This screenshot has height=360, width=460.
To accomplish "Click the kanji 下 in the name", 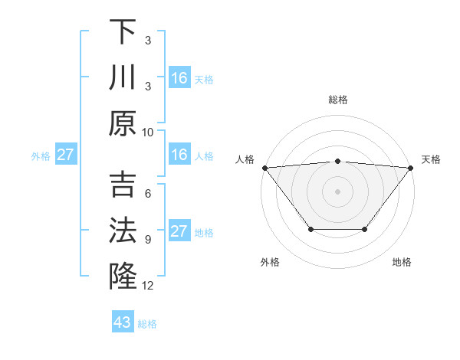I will click(123, 33).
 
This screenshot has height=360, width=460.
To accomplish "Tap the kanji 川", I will click(123, 78).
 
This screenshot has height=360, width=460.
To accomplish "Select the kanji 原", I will click(123, 123).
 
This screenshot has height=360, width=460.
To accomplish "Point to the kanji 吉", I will click(123, 186).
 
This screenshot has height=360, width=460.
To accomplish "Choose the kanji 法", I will click(123, 231).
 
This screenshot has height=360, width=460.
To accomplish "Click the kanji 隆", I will click(123, 277).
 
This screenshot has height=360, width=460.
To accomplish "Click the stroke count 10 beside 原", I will click(148, 132).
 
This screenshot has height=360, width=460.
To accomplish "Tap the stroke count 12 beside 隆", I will click(148, 286).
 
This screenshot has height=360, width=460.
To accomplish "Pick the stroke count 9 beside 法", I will click(148, 240).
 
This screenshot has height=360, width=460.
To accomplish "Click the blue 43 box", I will click(123, 322).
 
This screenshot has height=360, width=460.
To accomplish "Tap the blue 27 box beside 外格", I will click(66, 155).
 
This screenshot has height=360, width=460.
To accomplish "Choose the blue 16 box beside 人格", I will click(179, 155).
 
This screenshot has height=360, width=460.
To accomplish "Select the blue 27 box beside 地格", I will click(179, 231).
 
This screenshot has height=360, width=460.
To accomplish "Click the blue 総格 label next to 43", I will click(148, 324).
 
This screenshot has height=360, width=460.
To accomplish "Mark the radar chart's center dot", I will click(337, 191).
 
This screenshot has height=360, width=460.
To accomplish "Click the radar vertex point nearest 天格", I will click(411, 167).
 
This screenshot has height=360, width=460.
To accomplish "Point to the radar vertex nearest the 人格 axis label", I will click(264, 167).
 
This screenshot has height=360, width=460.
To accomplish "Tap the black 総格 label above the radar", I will click(337, 100).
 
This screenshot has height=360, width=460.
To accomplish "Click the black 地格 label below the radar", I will click(402, 262).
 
